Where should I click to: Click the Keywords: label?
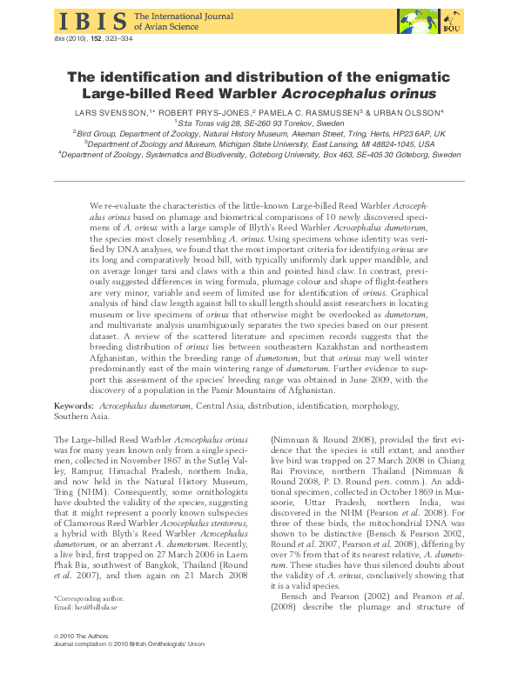pos(74,406)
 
